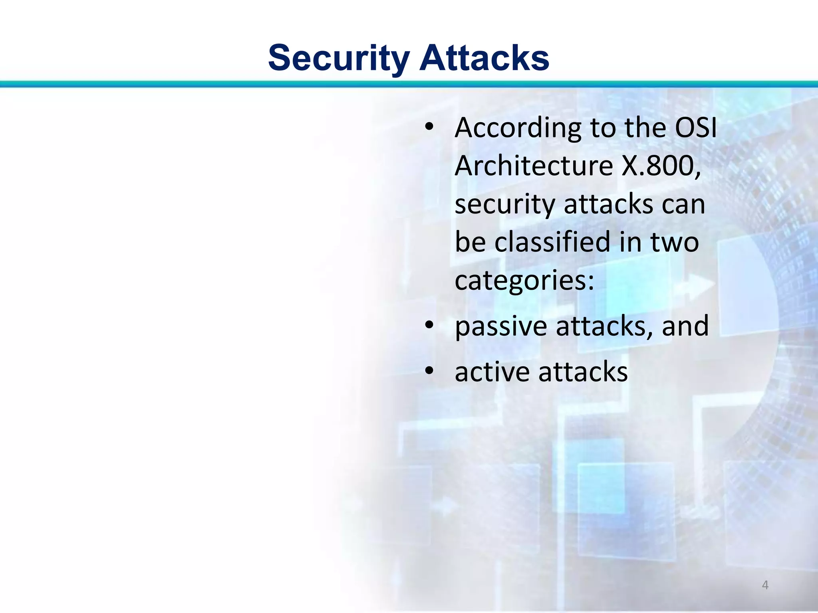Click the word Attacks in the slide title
click(484, 58)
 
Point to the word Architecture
click(534, 166)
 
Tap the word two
click(675, 243)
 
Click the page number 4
click(765, 585)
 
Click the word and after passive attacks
click(685, 326)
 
